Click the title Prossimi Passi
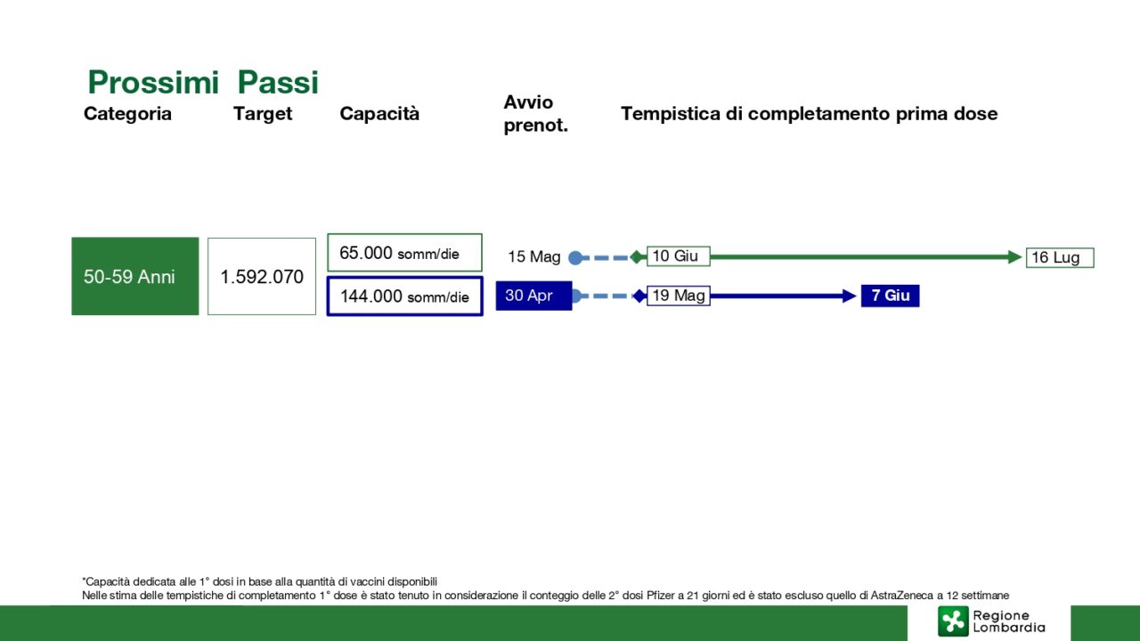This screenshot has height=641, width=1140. (203, 82)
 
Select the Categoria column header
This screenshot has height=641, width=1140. (127, 113)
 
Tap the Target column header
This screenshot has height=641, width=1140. (263, 114)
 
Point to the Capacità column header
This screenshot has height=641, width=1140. (379, 113)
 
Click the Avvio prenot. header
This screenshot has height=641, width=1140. (535, 113)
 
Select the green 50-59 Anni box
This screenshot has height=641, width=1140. (134, 276)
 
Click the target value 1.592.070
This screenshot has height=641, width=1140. (262, 277)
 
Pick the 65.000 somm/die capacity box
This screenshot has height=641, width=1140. (404, 252)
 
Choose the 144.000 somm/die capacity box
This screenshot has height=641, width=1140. (404, 296)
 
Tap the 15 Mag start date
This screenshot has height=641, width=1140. (533, 256)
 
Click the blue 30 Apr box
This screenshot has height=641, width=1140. (533, 296)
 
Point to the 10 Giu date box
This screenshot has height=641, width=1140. (679, 256)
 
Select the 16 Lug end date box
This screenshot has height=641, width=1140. (1060, 257)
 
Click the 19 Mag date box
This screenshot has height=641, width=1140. (679, 296)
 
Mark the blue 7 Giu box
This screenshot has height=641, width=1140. (890, 296)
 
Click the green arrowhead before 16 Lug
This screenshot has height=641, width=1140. (1014, 257)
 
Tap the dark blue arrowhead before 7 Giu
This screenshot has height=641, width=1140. (850, 296)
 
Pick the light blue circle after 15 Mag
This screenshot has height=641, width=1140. (575, 258)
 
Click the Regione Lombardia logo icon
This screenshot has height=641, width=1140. (953, 621)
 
